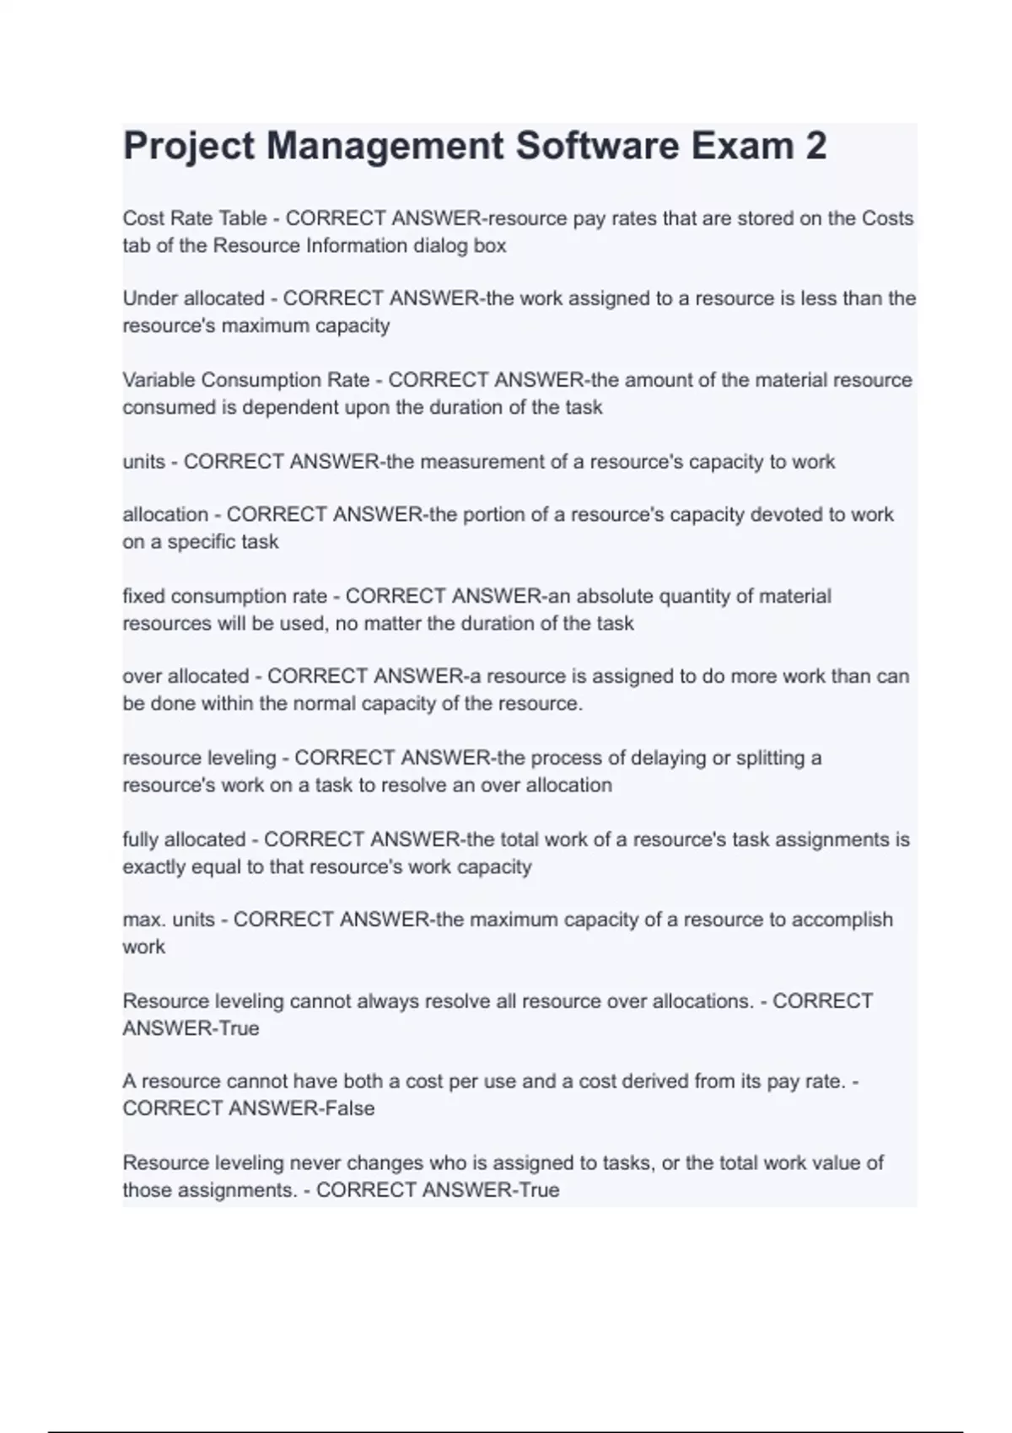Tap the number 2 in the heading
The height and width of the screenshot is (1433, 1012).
(x=816, y=146)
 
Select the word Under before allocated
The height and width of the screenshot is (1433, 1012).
(x=150, y=298)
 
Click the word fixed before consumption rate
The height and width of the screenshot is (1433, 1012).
(x=140, y=597)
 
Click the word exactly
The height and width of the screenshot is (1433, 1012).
(x=152, y=867)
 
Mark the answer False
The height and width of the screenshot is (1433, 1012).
(x=349, y=1108)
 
